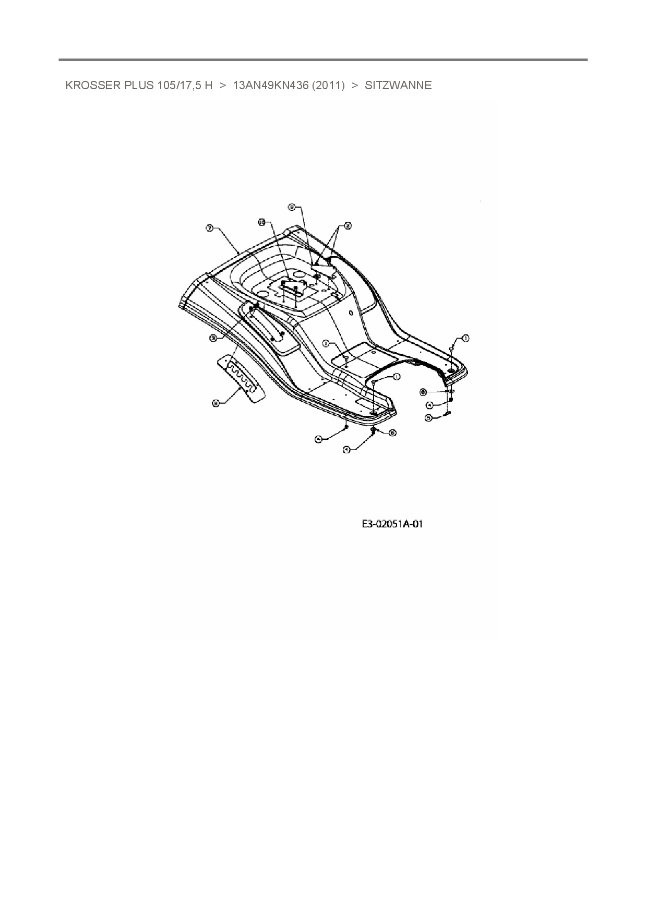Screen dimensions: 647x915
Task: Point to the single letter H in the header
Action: pyautogui.click(x=209, y=86)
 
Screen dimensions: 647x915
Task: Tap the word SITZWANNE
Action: pyautogui.click(x=398, y=86)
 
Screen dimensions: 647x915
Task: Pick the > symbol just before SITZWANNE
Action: pyautogui.click(x=355, y=86)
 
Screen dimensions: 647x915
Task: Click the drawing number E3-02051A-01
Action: pyautogui.click(x=392, y=524)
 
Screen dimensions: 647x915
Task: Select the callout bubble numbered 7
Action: pyautogui.click(x=209, y=228)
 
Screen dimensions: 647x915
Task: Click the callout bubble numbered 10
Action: pyautogui.click(x=262, y=222)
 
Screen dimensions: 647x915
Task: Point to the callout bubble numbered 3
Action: pyautogui.click(x=213, y=338)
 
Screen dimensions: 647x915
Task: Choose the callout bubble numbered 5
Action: pyautogui.click(x=428, y=417)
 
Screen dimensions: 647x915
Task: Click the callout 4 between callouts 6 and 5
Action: pyautogui.click(x=429, y=405)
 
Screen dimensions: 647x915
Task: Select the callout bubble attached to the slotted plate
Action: pyautogui.click(x=215, y=402)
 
